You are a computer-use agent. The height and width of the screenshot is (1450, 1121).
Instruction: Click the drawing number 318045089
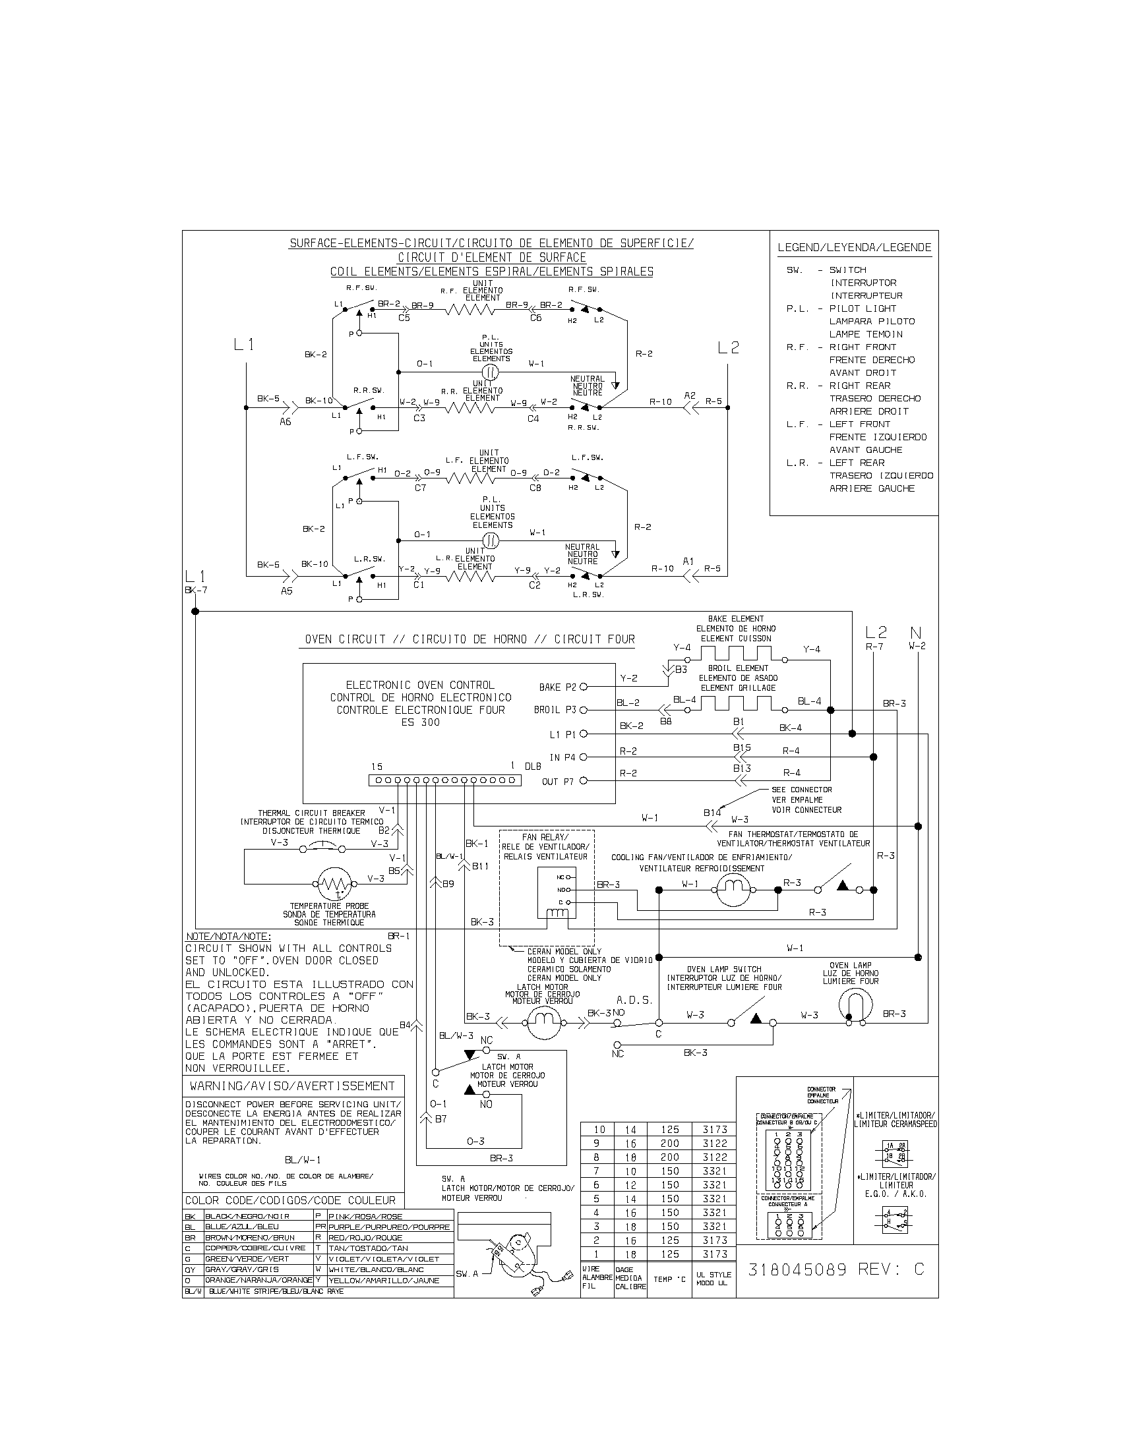tap(798, 1269)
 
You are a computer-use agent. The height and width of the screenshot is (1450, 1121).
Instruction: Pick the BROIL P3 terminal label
tap(555, 710)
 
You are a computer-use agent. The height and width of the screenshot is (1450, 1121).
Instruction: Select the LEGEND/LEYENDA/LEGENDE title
tap(854, 248)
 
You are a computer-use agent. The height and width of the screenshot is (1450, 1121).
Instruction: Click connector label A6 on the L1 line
tap(285, 421)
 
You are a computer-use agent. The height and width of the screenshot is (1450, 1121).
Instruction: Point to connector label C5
tap(404, 318)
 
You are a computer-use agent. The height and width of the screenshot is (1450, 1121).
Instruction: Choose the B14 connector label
tap(712, 813)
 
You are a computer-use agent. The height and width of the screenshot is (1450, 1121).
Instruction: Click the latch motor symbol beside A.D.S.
tap(545, 1024)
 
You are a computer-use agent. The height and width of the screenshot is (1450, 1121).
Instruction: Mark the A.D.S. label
tap(634, 1000)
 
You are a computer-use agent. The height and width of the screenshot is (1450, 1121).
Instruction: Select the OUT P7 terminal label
tap(558, 782)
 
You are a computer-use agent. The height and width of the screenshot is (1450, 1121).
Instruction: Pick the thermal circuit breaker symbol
tap(323, 846)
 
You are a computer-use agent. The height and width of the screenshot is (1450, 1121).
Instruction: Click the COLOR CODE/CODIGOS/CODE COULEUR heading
tap(290, 1200)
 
